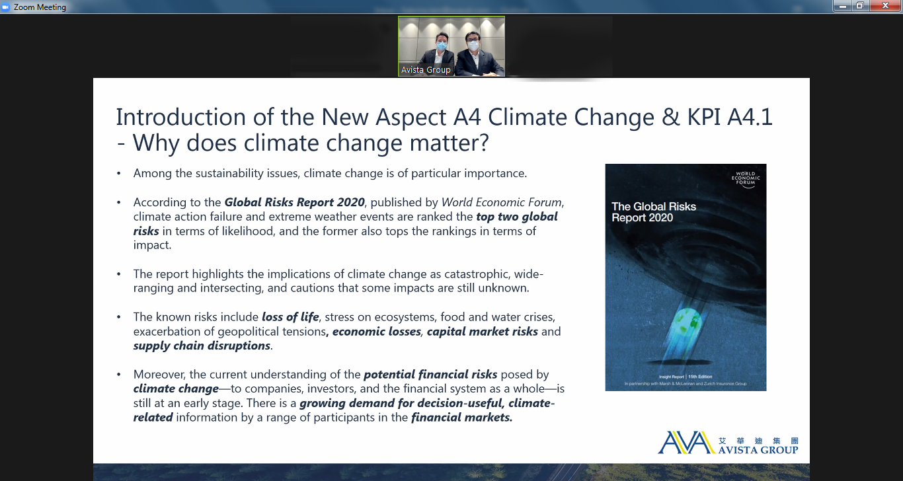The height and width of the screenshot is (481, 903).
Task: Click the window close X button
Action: click(885, 6)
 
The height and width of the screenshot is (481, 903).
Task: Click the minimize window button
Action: click(842, 6)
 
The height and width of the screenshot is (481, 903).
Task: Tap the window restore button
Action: click(860, 6)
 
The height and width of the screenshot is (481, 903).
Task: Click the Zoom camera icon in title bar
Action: click(6, 7)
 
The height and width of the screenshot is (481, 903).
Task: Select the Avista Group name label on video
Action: click(426, 69)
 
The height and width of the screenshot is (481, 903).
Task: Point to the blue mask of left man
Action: click(442, 46)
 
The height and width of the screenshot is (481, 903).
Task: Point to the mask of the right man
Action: click(473, 46)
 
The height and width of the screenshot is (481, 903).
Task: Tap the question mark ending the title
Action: click(483, 143)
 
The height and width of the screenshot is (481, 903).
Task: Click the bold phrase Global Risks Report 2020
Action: click(294, 202)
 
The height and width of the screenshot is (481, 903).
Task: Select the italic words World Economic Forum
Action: click(502, 202)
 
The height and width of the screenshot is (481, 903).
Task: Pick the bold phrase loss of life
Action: click(290, 317)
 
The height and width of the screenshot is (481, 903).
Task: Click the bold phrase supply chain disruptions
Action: click(202, 346)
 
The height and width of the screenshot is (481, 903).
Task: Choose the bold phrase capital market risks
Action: click(482, 332)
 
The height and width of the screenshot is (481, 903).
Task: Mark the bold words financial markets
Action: click(461, 418)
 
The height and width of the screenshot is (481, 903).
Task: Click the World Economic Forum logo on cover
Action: click(746, 179)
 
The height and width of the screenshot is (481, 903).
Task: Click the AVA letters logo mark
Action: click(687, 442)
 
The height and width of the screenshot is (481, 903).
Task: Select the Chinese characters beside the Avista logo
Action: click(758, 441)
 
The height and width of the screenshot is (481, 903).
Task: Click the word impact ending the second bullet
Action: click(153, 245)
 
